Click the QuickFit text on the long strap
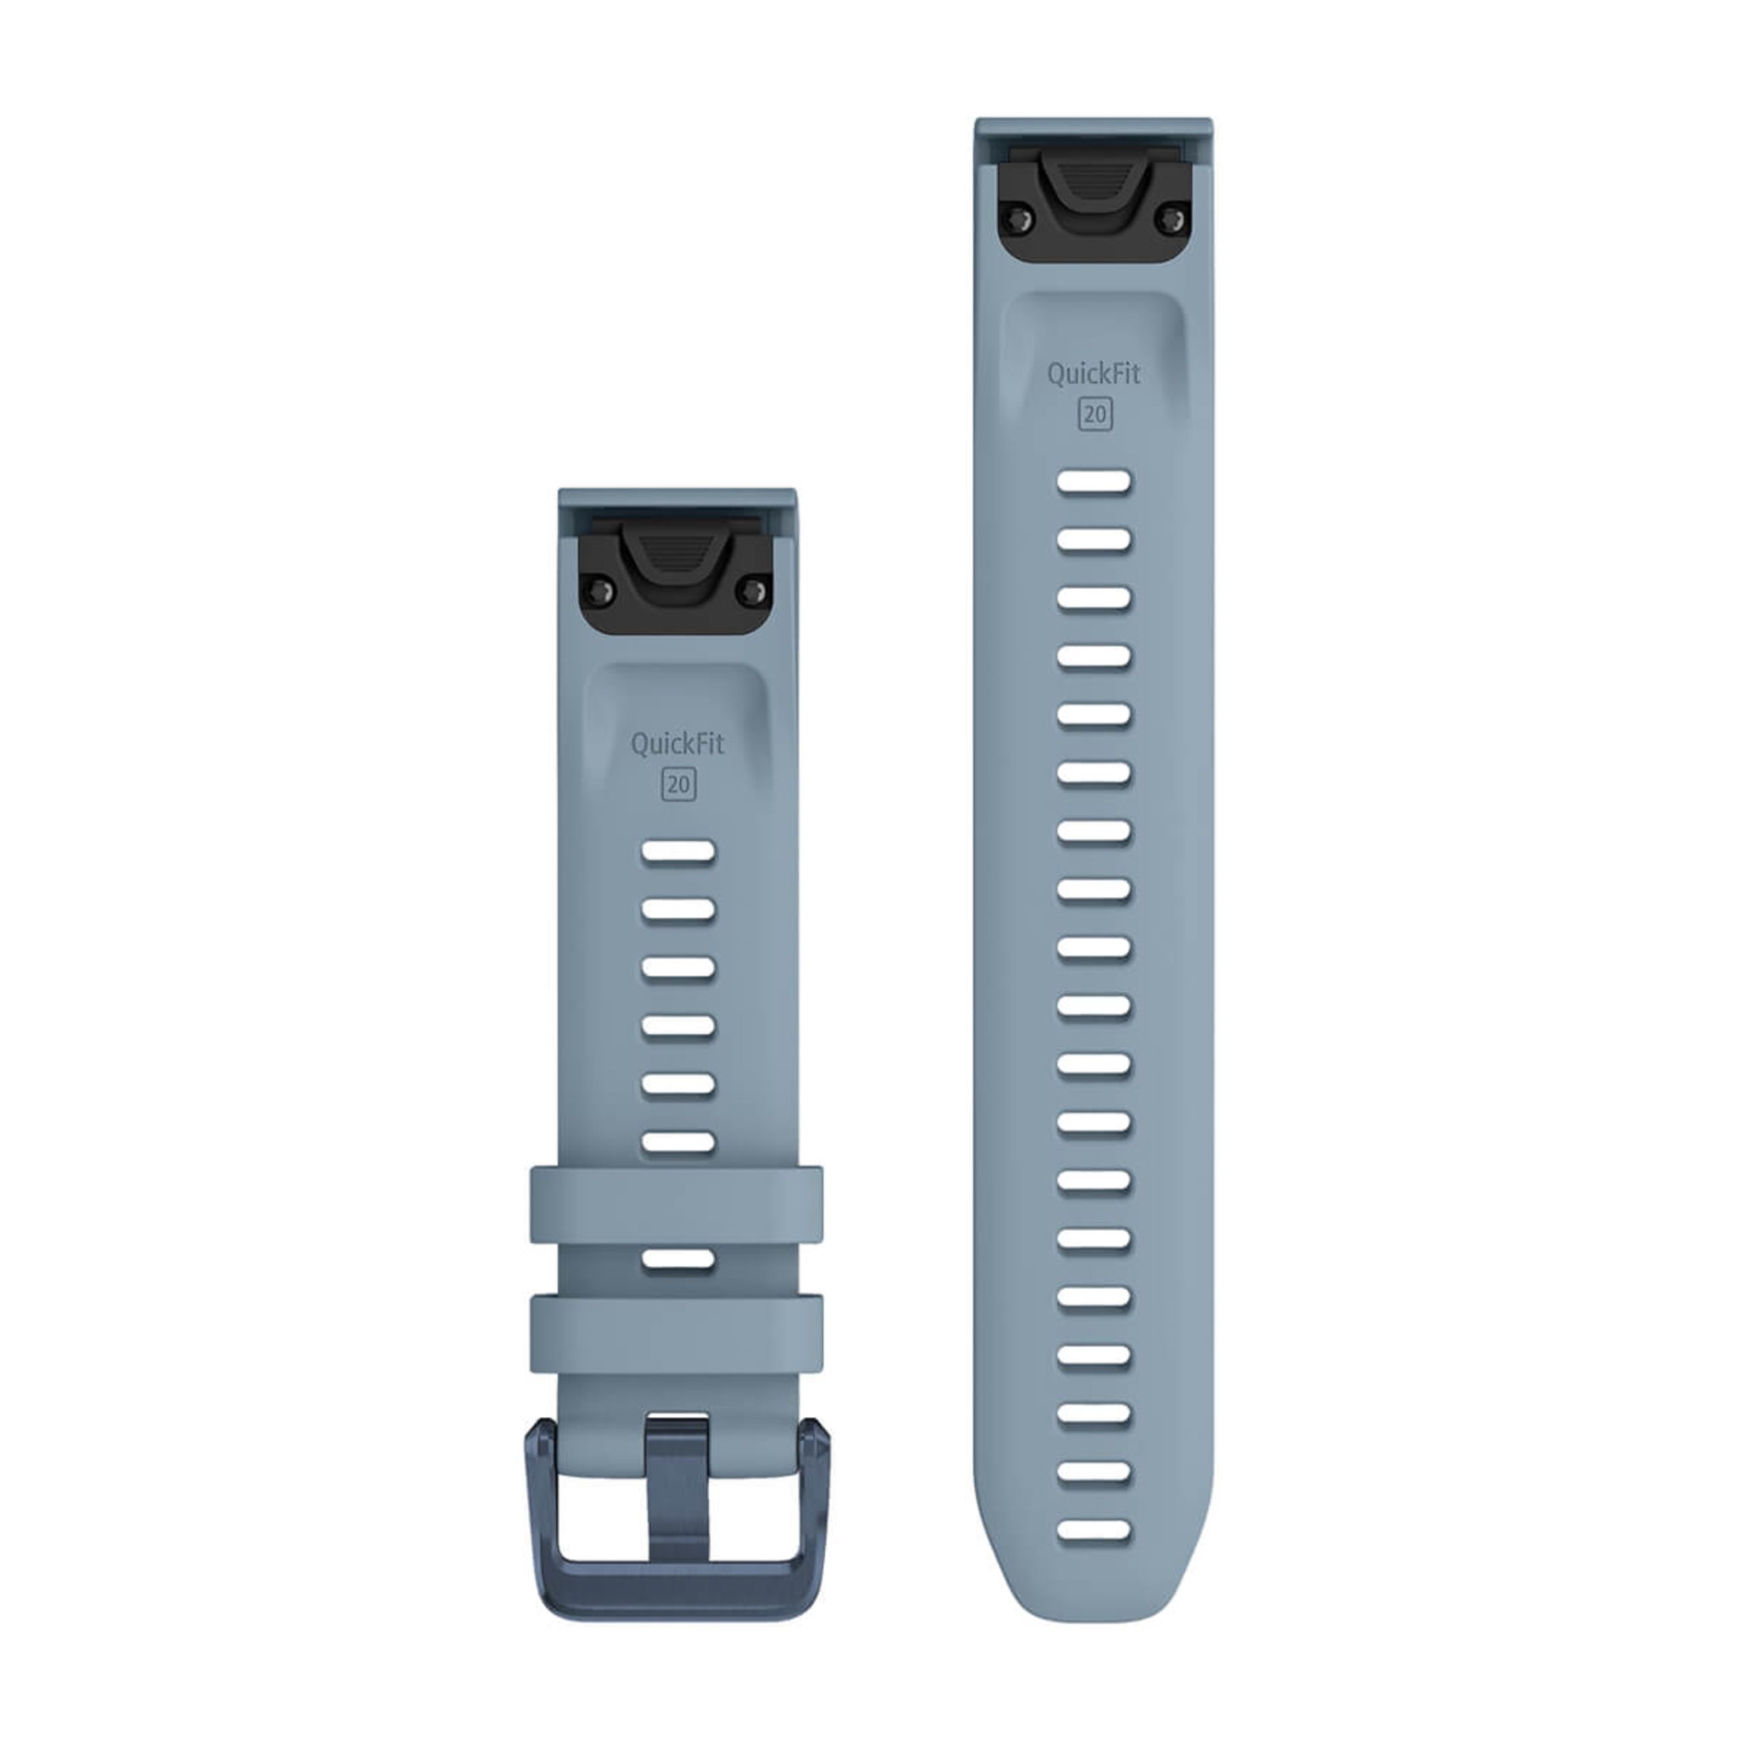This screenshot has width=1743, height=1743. click(1093, 373)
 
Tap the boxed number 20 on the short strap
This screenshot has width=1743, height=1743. click(678, 785)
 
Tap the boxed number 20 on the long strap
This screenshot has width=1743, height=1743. click(1094, 414)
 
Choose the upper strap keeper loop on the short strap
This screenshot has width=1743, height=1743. click(676, 1205)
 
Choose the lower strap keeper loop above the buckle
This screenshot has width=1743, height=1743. click(676, 1333)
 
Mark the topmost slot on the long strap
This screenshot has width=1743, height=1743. click(1093, 482)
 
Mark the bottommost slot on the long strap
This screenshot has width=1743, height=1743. click(1093, 1530)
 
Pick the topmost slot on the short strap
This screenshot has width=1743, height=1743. click(678, 851)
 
